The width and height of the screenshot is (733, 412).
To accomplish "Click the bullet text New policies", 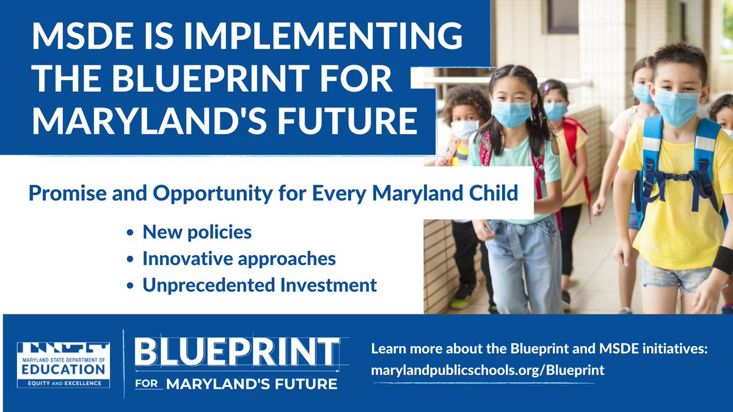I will coord(197,233).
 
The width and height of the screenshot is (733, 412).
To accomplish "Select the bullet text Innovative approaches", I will coord(239,259).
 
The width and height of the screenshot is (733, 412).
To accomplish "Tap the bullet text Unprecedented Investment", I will coord(260,285).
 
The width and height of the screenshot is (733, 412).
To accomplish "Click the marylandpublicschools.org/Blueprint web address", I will coord(487,370).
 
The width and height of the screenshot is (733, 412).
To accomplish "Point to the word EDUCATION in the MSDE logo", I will coord(63,369).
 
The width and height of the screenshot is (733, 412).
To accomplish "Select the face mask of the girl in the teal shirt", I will coord(512,114).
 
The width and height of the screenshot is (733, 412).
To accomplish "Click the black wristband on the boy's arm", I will coord(723,259).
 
